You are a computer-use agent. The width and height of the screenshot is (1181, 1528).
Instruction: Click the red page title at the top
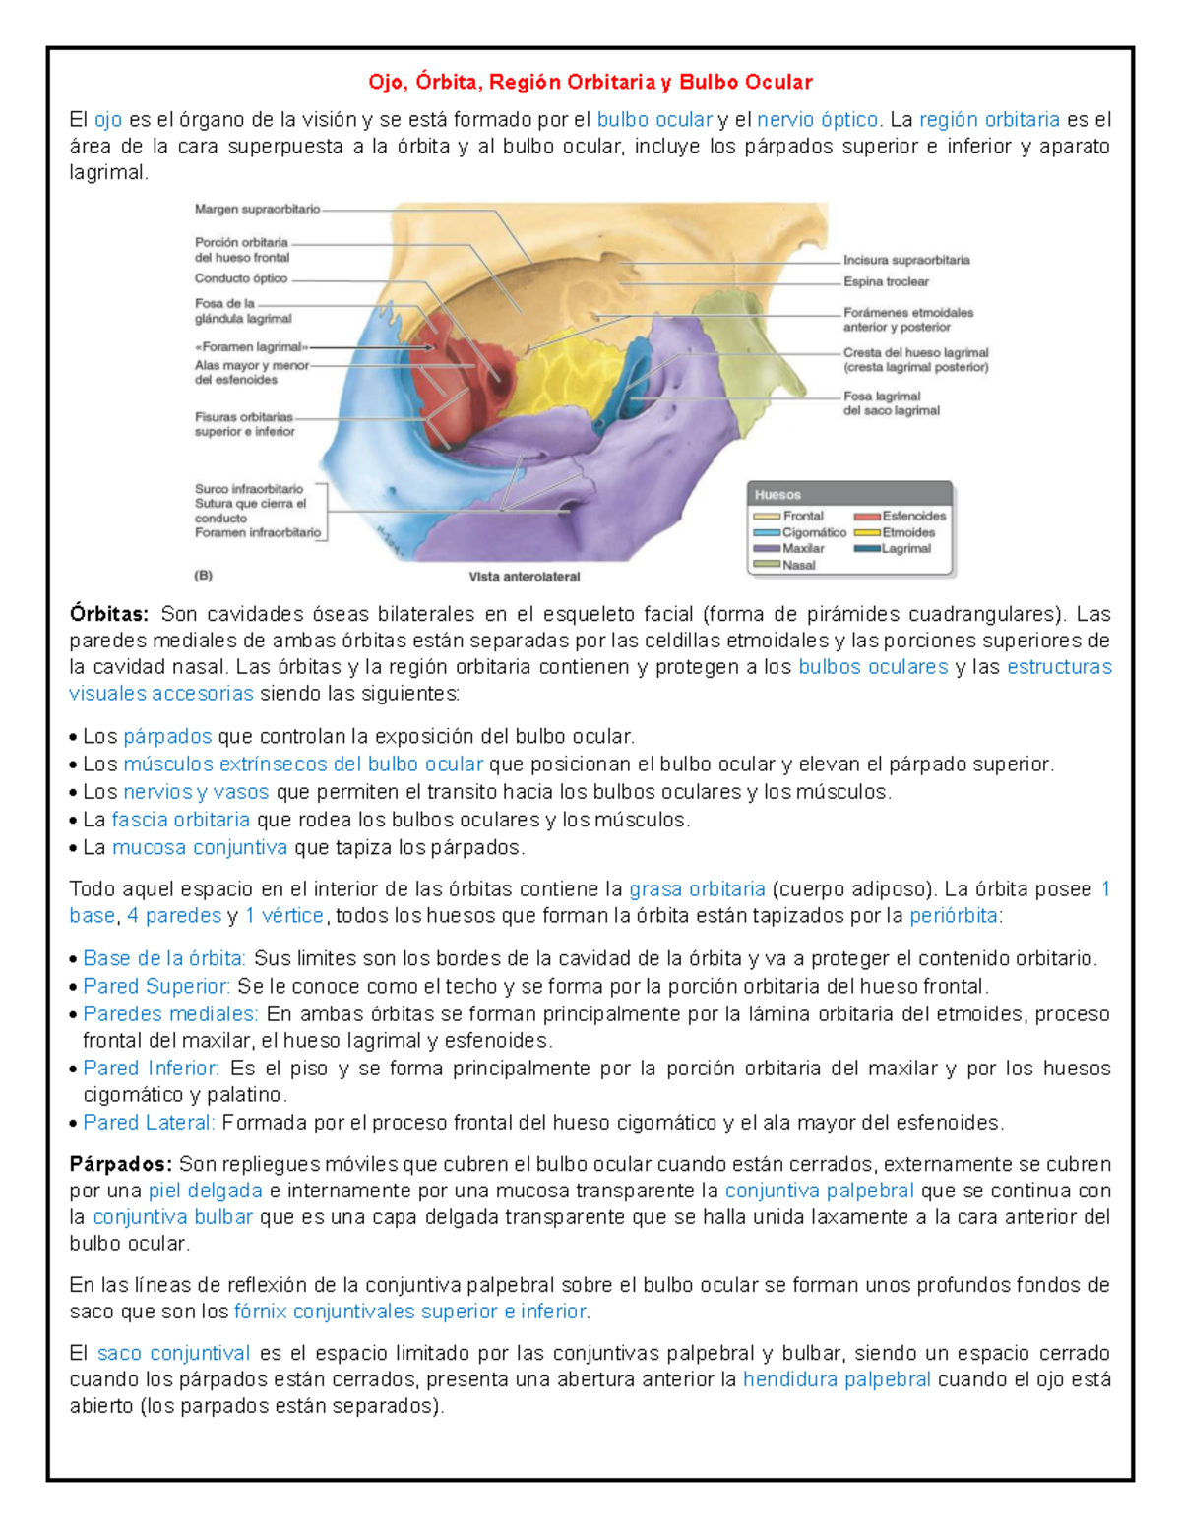click(590, 82)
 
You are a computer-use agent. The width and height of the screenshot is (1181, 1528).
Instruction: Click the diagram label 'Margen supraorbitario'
click(257, 210)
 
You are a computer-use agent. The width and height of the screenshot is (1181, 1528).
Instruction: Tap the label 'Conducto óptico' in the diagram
click(241, 278)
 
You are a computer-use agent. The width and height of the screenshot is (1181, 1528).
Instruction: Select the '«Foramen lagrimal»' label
click(251, 347)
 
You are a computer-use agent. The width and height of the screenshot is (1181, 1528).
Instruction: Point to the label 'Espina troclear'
click(886, 282)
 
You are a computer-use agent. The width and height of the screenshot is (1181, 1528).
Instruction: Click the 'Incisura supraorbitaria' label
click(905, 261)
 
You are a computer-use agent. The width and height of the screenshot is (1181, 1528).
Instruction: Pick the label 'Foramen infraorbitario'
click(257, 533)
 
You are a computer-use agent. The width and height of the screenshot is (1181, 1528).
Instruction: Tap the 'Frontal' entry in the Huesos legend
click(802, 516)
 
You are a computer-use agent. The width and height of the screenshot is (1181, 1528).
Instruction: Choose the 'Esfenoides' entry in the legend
click(913, 516)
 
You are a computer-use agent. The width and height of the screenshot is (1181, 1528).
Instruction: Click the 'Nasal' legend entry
click(798, 565)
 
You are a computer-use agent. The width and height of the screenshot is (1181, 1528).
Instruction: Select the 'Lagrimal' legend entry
click(905, 549)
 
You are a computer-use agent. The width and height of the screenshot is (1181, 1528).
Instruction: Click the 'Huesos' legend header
click(777, 495)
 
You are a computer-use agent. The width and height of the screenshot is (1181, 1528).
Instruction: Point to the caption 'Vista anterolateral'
click(525, 578)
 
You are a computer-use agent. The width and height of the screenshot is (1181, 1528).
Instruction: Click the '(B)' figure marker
click(204, 576)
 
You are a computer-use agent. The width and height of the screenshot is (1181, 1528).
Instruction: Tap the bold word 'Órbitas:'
click(108, 615)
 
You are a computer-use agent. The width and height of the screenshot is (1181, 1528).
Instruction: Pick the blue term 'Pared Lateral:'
click(149, 1123)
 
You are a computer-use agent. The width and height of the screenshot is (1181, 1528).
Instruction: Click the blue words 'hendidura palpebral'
click(837, 1380)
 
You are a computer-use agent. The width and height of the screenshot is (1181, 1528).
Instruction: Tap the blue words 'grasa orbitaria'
click(697, 889)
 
